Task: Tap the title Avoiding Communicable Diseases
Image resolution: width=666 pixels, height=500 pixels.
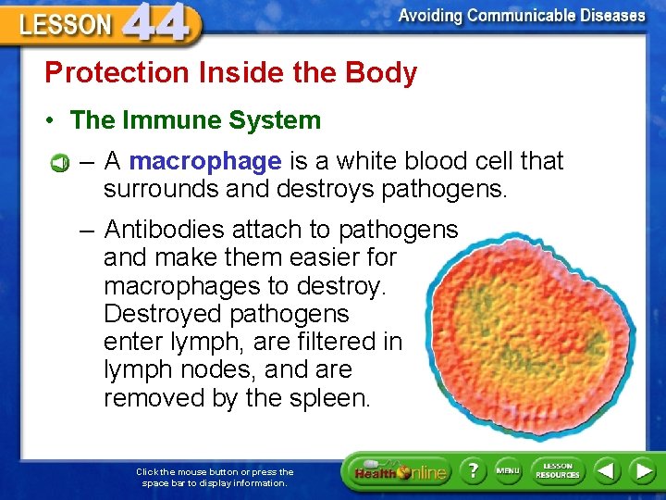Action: pos(522,16)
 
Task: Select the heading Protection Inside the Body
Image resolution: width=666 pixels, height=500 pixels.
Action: pos(231,73)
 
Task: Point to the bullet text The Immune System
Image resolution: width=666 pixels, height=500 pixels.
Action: pos(195,120)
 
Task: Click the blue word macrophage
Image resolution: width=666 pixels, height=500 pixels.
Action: pos(205,162)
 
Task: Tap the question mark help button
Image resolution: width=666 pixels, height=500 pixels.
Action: pos(471,470)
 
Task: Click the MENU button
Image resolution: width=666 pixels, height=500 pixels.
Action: pos(508,470)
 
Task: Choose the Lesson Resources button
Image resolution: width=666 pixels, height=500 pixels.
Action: pos(558,470)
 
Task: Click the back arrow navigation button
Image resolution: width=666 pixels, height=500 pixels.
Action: pos(607,470)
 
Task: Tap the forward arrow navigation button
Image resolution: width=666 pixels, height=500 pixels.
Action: pos(643,470)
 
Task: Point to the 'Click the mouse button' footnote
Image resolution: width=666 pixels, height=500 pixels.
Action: pos(215,477)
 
